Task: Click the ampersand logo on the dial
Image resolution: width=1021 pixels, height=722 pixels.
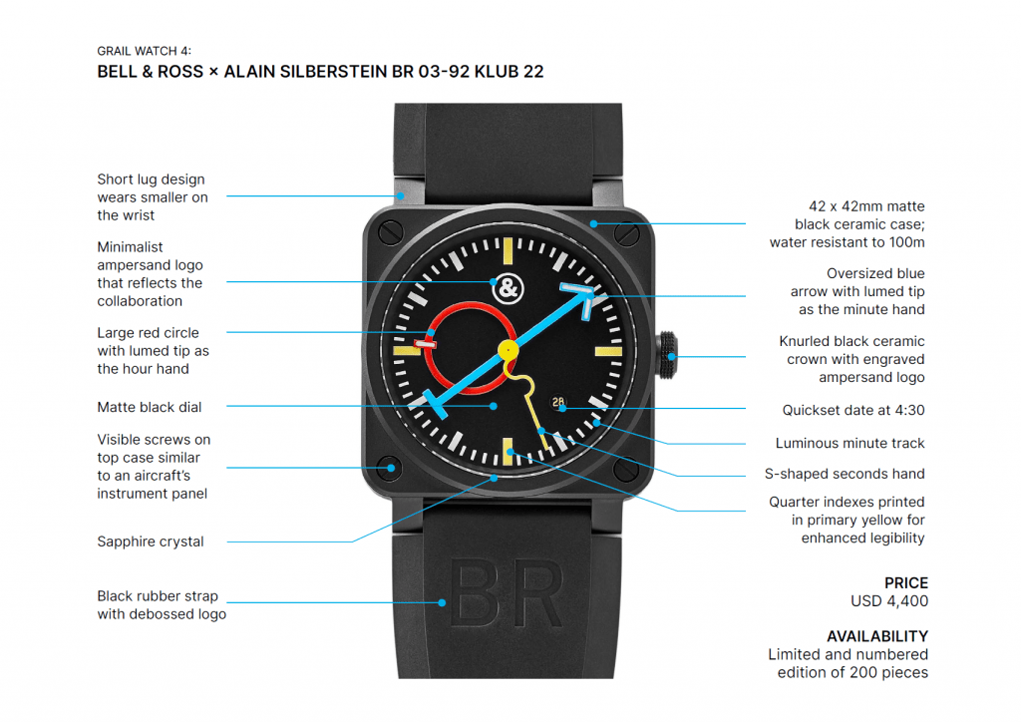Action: pyautogui.click(x=509, y=287)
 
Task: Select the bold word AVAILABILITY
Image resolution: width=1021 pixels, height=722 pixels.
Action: pyautogui.click(x=877, y=636)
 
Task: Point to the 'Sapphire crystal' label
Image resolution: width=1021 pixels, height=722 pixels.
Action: pyautogui.click(x=151, y=541)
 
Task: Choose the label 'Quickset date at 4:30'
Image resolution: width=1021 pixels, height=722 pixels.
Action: pyautogui.click(x=853, y=410)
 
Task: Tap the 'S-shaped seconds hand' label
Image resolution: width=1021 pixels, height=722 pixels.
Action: pyautogui.click(x=849, y=474)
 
